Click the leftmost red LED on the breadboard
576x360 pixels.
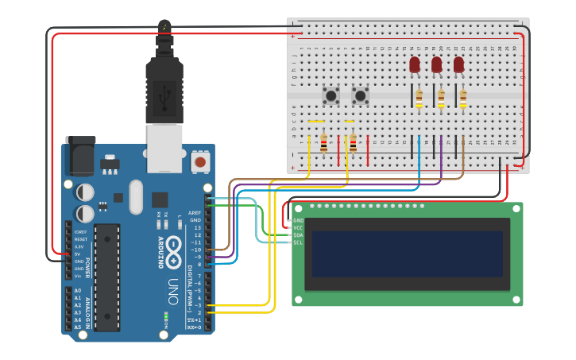pos(414,64)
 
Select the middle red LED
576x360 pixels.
pos(436,64)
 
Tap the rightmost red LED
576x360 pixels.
pos(458,64)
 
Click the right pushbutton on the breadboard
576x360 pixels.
pos(361,96)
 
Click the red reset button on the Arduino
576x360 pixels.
pos(200,162)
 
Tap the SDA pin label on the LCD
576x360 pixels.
pos(299,235)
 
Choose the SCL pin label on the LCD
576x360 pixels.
pos(299,242)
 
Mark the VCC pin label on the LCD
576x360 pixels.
pos(299,228)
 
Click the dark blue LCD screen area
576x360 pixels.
pos(408,254)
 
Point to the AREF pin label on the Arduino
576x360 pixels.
pos(195,212)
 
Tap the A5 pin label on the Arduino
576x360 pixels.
pos(78,327)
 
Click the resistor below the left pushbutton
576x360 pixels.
pos(323,143)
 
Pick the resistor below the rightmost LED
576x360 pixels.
pos(463,98)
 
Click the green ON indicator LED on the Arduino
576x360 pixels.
pos(166,318)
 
